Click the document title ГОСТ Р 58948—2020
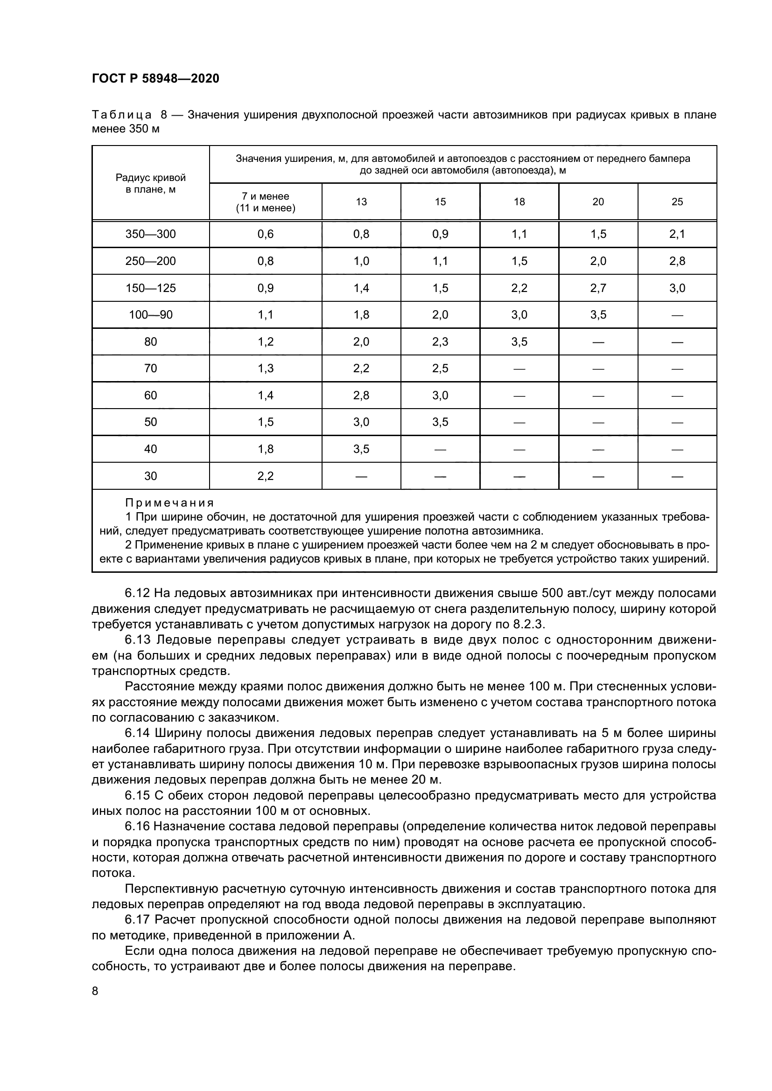click(x=155, y=78)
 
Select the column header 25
click(x=677, y=202)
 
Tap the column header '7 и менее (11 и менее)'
click(x=265, y=202)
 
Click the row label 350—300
click(x=150, y=234)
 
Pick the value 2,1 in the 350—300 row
click(x=677, y=234)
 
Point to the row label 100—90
click(x=150, y=314)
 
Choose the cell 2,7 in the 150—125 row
click(x=598, y=288)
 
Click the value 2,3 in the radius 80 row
click(x=440, y=341)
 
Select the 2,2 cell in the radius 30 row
click(x=265, y=476)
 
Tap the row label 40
click(x=150, y=449)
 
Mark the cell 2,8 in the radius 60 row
click(x=361, y=396)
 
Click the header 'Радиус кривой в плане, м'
click(x=150, y=183)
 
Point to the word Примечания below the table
click(x=170, y=503)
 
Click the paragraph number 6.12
click(x=137, y=593)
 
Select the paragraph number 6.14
click(x=137, y=734)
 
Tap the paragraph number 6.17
click(x=137, y=919)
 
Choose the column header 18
click(x=519, y=202)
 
